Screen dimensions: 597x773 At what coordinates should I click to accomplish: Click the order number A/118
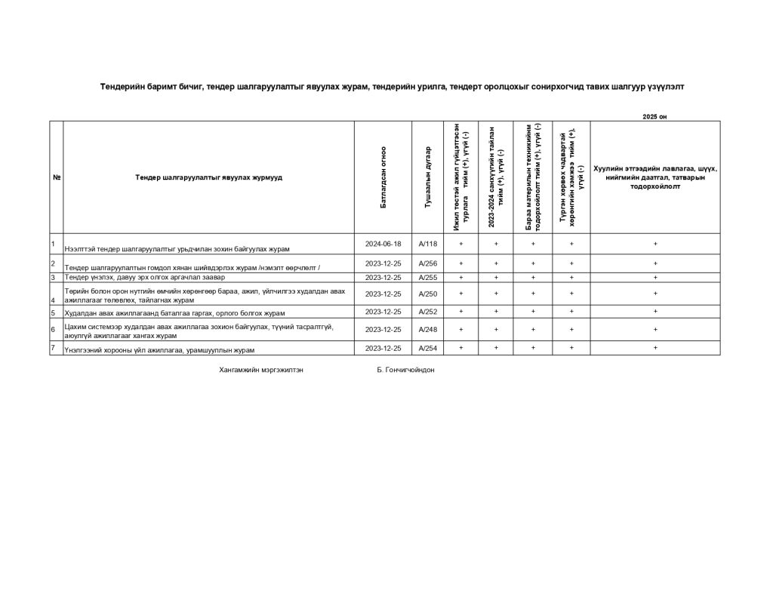point(428,244)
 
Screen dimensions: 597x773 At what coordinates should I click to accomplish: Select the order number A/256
point(428,263)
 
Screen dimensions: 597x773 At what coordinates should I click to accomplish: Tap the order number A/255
point(428,277)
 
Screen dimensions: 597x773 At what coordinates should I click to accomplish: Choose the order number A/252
point(428,311)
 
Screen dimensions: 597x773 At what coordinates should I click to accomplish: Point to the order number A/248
point(428,329)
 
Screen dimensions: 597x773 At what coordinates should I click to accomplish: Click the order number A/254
point(428,348)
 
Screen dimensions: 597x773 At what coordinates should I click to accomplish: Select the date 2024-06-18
point(383,244)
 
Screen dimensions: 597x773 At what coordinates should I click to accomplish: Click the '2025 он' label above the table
point(654,116)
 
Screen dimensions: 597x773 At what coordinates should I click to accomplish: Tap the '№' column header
point(57,177)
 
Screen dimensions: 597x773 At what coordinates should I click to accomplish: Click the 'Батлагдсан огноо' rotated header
point(383,177)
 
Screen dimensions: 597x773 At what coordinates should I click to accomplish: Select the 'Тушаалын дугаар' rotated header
point(428,177)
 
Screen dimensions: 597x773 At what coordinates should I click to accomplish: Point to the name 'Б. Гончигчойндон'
point(405,371)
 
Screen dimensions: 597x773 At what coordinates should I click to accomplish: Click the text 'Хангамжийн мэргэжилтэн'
point(261,371)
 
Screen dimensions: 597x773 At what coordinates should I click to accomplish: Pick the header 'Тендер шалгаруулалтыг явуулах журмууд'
point(209,177)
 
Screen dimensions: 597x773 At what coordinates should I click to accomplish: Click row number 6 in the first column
point(53,329)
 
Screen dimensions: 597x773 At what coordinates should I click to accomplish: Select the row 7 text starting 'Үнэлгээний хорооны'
point(159,350)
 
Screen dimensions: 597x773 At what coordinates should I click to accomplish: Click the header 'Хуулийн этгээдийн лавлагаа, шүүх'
point(654,168)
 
